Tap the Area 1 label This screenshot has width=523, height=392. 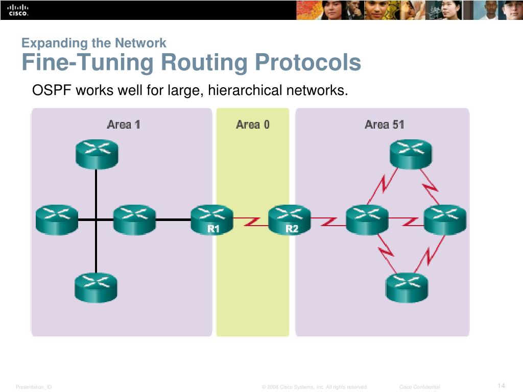tap(123, 124)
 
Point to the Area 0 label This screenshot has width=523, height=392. tap(252, 124)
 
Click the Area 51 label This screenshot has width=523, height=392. tap(384, 124)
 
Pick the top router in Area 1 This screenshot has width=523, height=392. tap(97, 153)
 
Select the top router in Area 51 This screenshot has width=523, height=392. tap(410, 153)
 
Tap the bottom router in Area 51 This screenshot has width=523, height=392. tap(407, 287)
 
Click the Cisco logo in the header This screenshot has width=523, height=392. tap(18, 10)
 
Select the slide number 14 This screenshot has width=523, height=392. tap(501, 385)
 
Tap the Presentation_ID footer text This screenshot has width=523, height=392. tap(34, 387)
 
